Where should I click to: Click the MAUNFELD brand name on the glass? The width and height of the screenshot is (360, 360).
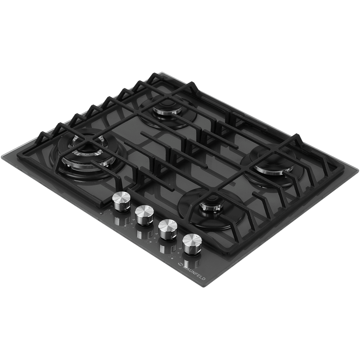(x=194, y=273)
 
